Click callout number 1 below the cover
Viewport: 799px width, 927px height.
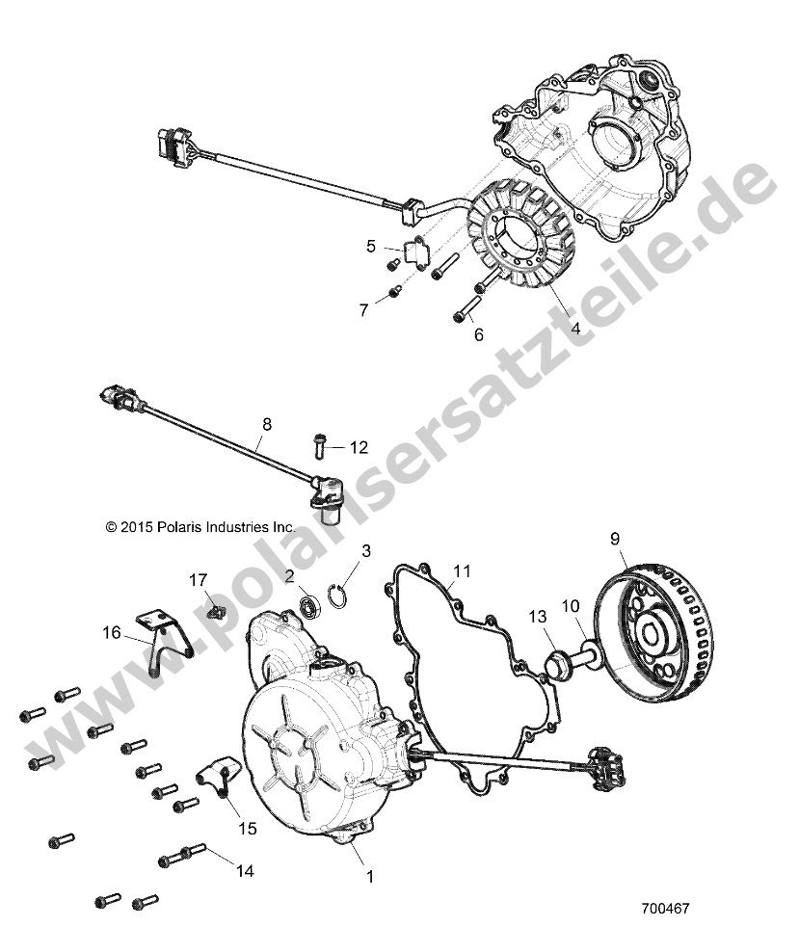click(366, 876)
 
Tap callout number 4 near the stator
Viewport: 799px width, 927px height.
click(574, 328)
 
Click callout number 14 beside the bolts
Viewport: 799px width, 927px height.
click(245, 870)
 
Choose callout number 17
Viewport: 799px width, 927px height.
click(197, 580)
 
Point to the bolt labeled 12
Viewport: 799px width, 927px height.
click(319, 445)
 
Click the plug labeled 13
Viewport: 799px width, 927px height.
click(556, 664)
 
